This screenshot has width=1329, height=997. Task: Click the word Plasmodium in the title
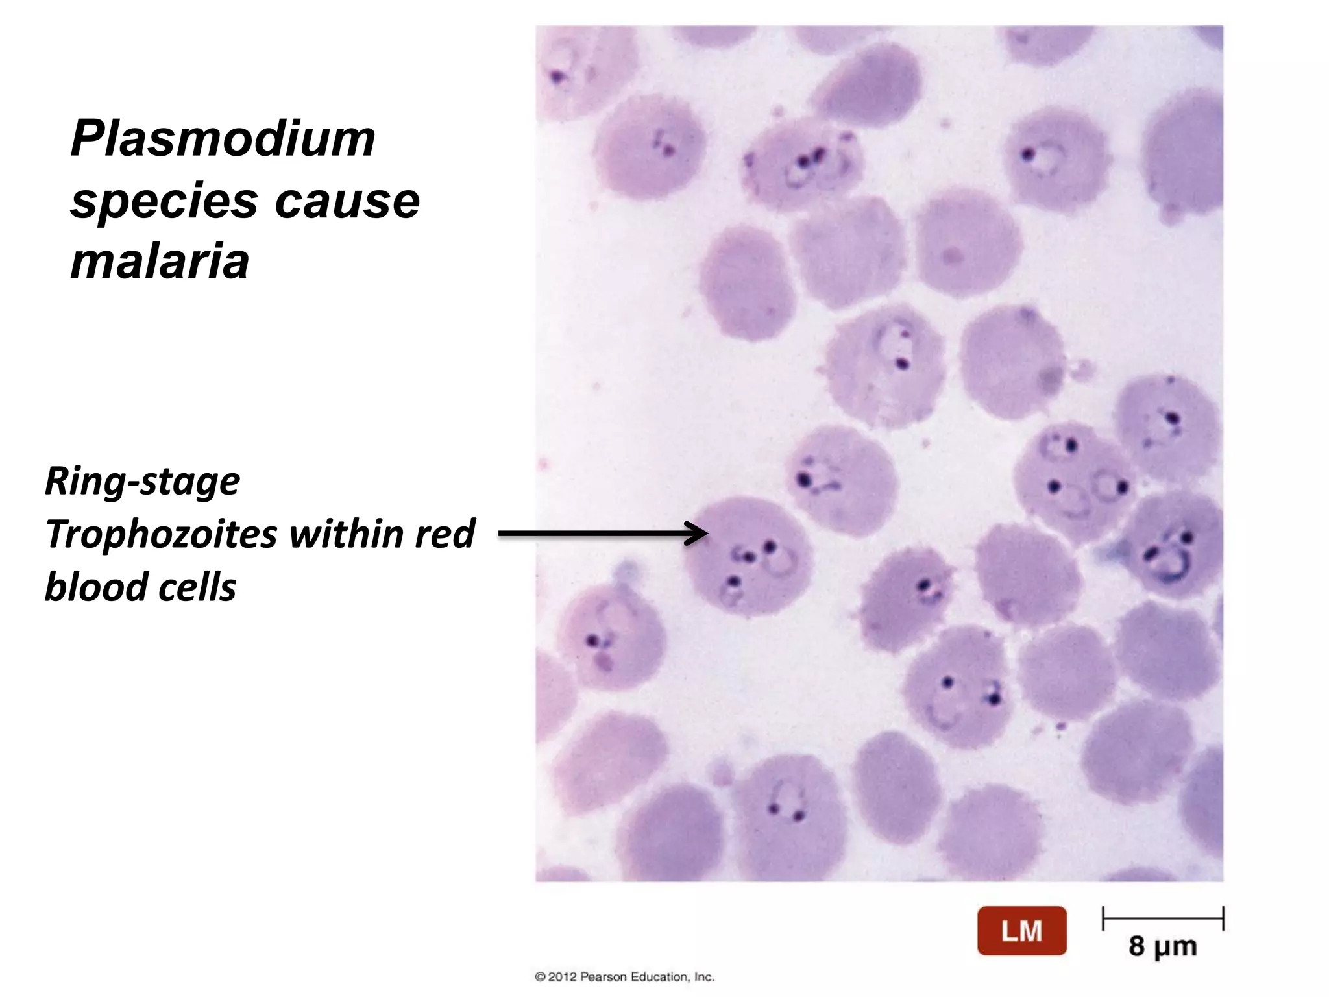click(x=223, y=139)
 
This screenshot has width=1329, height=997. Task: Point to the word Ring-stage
click(x=143, y=482)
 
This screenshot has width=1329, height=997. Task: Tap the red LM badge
click(x=1021, y=931)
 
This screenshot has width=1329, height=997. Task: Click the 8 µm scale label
click(x=1162, y=946)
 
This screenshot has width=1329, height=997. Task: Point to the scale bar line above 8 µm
click(x=1162, y=918)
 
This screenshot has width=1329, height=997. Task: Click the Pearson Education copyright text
click(x=624, y=976)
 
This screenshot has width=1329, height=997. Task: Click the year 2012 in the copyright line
click(x=562, y=976)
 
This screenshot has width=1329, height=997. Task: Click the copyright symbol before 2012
click(x=540, y=976)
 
